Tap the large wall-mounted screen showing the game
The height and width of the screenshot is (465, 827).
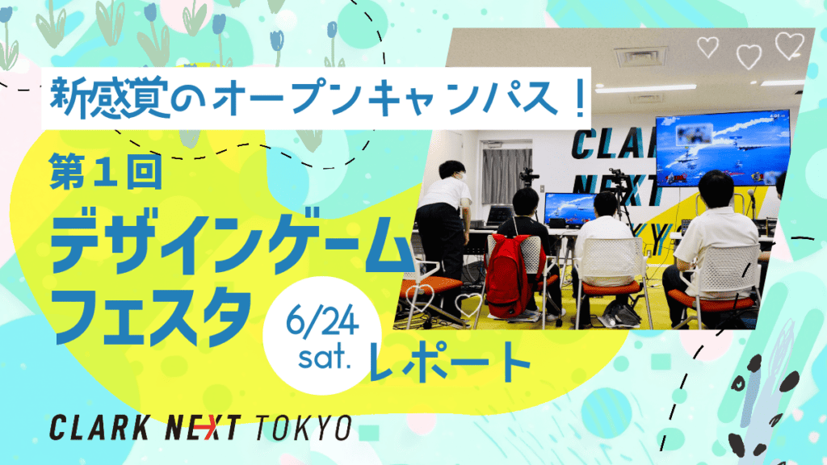pos(723,149)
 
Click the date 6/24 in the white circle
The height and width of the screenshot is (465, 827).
pos(322,321)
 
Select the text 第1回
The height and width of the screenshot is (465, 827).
pos(106,171)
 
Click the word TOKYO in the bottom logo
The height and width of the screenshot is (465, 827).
pos(304,428)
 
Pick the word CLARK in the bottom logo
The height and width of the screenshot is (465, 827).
pos(99,428)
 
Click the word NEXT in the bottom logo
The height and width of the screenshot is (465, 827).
pos(203,428)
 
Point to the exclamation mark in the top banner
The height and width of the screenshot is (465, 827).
pos(580,97)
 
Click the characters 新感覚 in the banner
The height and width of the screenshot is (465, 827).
pos(110,98)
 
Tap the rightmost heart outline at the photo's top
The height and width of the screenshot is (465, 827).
pos(789,45)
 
